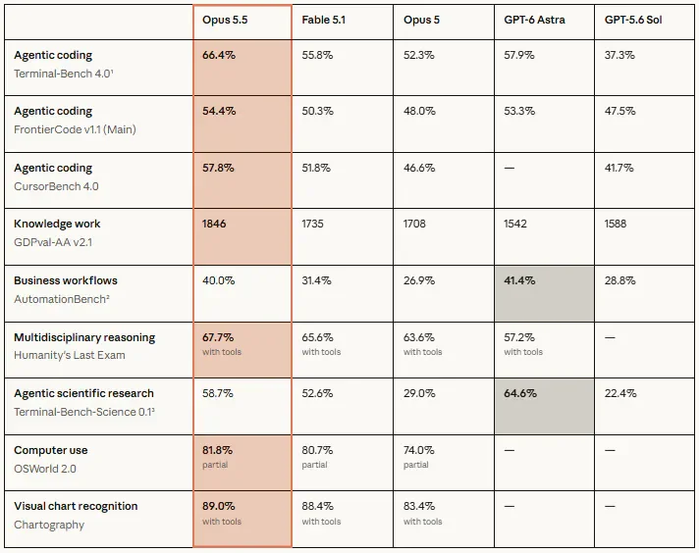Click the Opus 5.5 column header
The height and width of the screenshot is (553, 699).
[225, 20]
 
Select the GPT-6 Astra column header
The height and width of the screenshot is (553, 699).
[534, 20]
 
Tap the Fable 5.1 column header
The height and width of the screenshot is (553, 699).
[323, 20]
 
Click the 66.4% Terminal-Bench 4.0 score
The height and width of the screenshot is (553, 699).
[218, 55]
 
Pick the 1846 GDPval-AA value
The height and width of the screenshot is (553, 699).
[214, 224]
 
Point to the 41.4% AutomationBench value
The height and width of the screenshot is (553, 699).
[519, 280]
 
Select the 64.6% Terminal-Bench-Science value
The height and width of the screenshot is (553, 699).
[520, 393]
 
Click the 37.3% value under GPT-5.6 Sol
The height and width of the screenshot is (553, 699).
[619, 55]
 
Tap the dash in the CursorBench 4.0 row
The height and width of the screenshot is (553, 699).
[510, 168]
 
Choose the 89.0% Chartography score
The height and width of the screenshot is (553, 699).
[218, 506]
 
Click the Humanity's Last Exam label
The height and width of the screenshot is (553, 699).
[70, 355]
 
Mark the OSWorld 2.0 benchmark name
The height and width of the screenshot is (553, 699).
[45, 469]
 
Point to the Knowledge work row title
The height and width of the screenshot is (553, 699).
[57, 224]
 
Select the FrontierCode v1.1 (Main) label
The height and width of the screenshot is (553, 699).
[75, 129]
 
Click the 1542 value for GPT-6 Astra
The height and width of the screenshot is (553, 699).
[515, 224]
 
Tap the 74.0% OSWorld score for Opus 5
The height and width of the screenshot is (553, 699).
[418, 450]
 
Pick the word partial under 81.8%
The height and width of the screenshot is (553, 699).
[215, 465]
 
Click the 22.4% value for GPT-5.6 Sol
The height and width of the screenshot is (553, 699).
[620, 393]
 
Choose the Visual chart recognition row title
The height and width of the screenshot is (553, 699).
[76, 506]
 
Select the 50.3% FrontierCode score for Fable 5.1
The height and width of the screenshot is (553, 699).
[317, 111]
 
